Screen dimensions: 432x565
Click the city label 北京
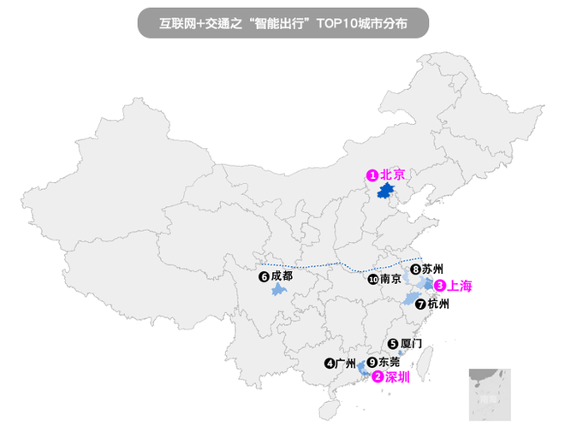coord(391,175)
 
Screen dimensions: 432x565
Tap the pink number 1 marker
coord(372,175)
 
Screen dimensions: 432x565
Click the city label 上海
coord(460,286)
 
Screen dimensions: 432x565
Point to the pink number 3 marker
coord(440,286)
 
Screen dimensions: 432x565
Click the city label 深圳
coord(397,376)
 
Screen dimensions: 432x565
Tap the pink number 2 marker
coord(378,376)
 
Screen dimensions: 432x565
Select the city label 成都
coord(282,276)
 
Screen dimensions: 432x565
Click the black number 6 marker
coord(264,277)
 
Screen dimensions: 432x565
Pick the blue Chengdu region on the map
coord(277,291)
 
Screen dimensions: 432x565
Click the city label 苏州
coord(432,270)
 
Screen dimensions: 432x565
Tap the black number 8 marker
coord(415,270)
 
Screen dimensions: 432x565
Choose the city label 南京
coord(390,279)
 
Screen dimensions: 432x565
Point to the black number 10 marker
coord(372,280)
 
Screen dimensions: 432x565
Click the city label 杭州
coord(437,304)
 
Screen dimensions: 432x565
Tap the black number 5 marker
coord(393,344)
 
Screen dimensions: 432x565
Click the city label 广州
coord(345,363)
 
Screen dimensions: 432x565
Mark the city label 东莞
coord(388,362)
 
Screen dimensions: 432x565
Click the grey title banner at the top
coord(282,22)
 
